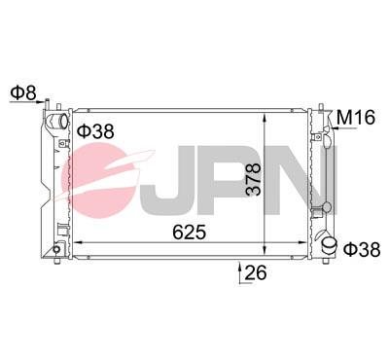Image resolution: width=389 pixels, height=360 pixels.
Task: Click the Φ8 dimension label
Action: click(22, 94)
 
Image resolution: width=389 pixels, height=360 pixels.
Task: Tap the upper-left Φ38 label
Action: click(94, 129)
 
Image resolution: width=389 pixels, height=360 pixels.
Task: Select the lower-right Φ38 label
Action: click(362, 250)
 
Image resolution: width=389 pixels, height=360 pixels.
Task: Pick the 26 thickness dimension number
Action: click(256, 273)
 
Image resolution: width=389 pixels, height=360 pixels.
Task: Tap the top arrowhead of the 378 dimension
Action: click(265, 118)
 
